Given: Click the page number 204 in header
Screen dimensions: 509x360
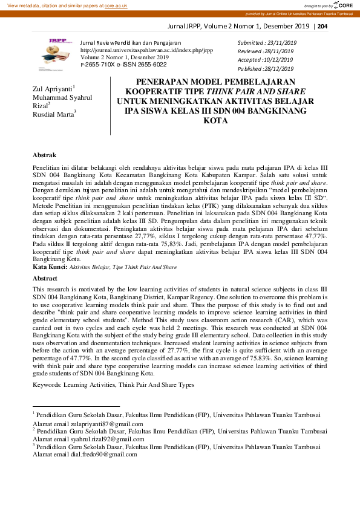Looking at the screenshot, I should (x=322, y=26).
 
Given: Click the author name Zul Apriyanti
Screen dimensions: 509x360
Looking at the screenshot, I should (x=52, y=89).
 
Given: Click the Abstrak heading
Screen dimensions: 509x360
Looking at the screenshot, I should (x=44, y=155).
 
